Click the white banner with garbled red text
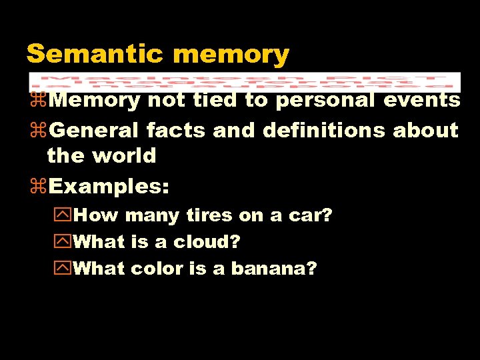(x=245, y=81)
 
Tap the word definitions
(x=324, y=129)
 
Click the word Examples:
(x=109, y=186)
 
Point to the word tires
(x=210, y=215)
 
